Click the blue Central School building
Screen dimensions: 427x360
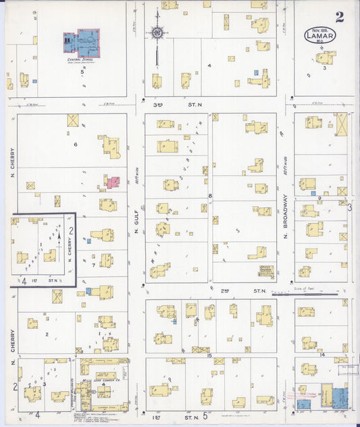point(82,43)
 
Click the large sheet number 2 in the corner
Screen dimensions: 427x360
point(339,17)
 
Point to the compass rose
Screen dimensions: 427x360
point(157,32)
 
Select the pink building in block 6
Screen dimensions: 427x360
point(113,182)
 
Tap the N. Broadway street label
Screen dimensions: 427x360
point(286,216)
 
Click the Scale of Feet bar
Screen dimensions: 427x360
point(303,293)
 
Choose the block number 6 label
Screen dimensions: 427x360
point(75,144)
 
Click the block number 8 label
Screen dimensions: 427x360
point(210,196)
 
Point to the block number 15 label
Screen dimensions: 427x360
point(210,355)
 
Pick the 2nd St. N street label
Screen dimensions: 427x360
point(244,291)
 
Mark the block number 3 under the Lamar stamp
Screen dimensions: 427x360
point(325,68)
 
